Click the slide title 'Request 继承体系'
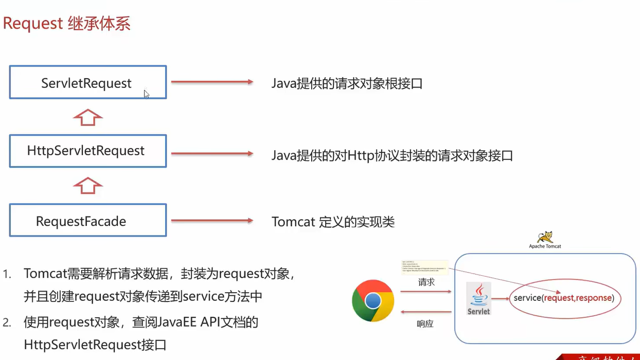[x=67, y=24]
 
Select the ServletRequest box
[x=87, y=82]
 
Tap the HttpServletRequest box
[x=87, y=151]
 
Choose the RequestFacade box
[x=87, y=220]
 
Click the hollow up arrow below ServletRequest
[x=88, y=117]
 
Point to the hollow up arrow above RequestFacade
[x=88, y=186]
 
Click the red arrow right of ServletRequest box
[x=211, y=82]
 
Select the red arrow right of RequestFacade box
[x=211, y=221]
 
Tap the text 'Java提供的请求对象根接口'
[x=347, y=84]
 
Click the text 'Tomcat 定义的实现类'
[x=333, y=222]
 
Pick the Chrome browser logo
[x=373, y=301]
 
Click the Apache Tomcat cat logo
[x=545, y=237]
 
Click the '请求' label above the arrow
[x=426, y=282]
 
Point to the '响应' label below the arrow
[x=425, y=324]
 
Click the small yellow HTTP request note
[x=424, y=267]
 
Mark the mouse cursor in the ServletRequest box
[x=147, y=94]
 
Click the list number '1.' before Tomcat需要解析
[x=7, y=274]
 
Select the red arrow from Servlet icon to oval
[x=500, y=298]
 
